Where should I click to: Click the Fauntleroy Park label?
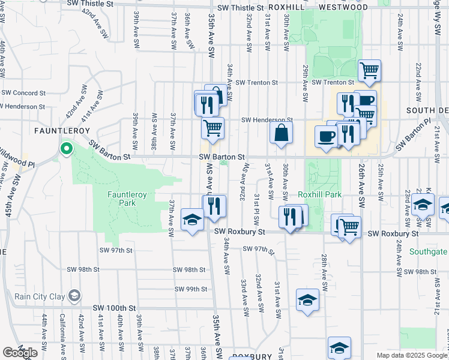point(122,199)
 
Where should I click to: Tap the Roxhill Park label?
point(319,195)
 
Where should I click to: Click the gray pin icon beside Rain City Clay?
point(74,295)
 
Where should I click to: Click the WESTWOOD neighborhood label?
point(343,8)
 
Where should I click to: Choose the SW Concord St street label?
point(24,93)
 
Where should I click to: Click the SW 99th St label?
point(190,289)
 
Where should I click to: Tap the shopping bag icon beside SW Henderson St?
point(281,133)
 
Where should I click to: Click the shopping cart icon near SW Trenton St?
point(370,70)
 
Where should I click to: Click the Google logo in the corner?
point(20,353)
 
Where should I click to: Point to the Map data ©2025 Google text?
point(412,355)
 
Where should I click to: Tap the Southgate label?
point(428,252)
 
